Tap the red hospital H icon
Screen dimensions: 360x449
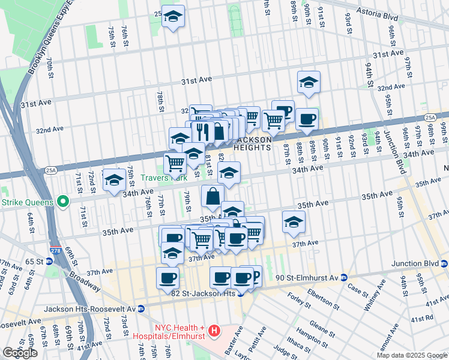215,331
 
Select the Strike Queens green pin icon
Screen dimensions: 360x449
62,202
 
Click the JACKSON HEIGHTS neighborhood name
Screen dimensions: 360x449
252,143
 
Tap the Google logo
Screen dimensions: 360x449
20,353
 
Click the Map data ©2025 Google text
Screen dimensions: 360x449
411,355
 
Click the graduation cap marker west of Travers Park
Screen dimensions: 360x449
113,181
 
